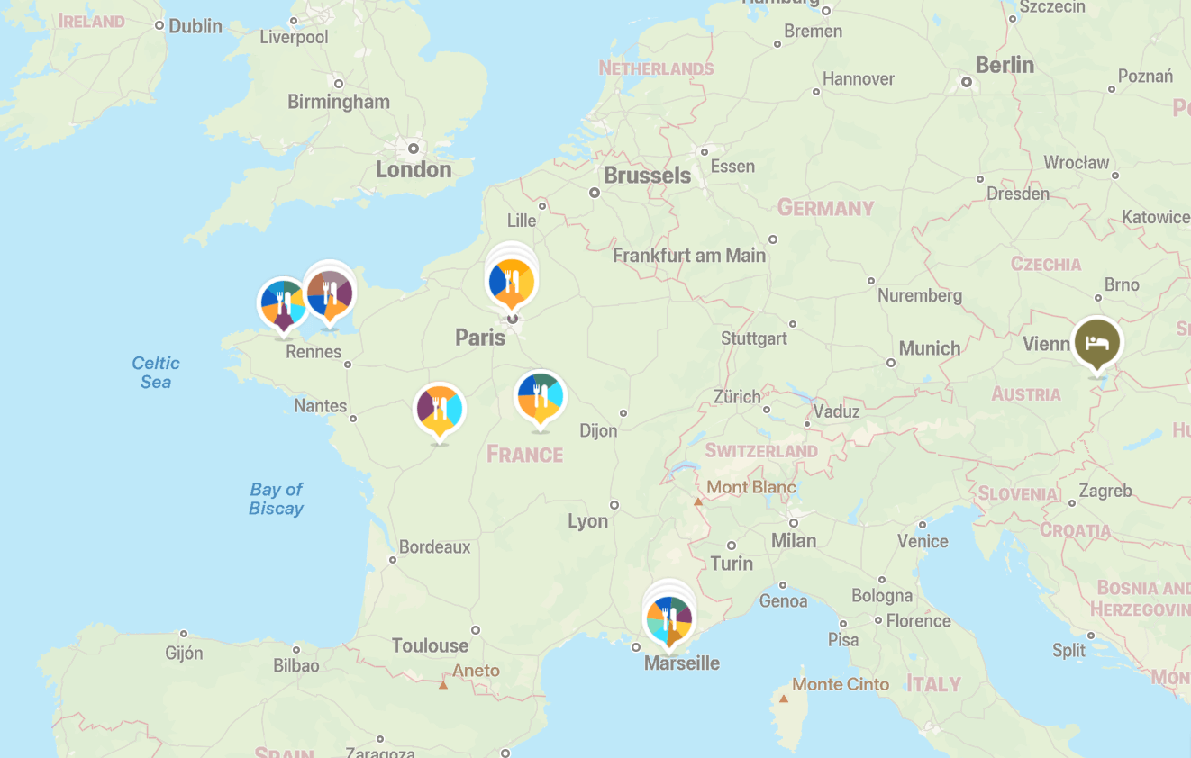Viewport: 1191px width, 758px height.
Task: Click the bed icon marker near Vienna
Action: coord(1097,343)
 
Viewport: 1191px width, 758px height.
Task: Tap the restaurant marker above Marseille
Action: coord(668,618)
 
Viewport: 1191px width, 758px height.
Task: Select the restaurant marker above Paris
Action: coord(512,282)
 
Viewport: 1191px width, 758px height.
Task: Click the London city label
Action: coord(414,169)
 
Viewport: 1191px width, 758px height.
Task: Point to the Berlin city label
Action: coord(1005,65)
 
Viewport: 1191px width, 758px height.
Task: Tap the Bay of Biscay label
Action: coord(276,499)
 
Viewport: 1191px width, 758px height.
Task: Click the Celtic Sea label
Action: coord(156,372)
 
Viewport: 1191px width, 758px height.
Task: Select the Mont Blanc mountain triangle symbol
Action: coord(698,502)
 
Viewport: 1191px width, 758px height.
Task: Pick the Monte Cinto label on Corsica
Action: coord(841,684)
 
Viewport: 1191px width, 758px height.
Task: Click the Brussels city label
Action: coord(647,176)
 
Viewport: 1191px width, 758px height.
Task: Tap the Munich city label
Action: coord(929,348)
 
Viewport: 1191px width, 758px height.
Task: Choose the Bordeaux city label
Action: coord(434,546)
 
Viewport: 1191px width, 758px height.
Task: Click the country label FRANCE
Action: coord(524,454)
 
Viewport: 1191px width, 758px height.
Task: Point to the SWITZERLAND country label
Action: coord(761,451)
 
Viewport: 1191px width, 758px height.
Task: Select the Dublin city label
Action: coord(195,26)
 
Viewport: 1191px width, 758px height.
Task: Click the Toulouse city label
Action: coord(430,645)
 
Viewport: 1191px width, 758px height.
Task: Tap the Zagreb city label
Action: coord(1105,491)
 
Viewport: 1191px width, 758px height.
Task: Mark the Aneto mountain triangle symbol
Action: coord(443,685)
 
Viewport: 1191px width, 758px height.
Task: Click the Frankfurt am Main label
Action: coord(689,256)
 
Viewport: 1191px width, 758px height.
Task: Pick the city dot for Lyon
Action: coord(614,505)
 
